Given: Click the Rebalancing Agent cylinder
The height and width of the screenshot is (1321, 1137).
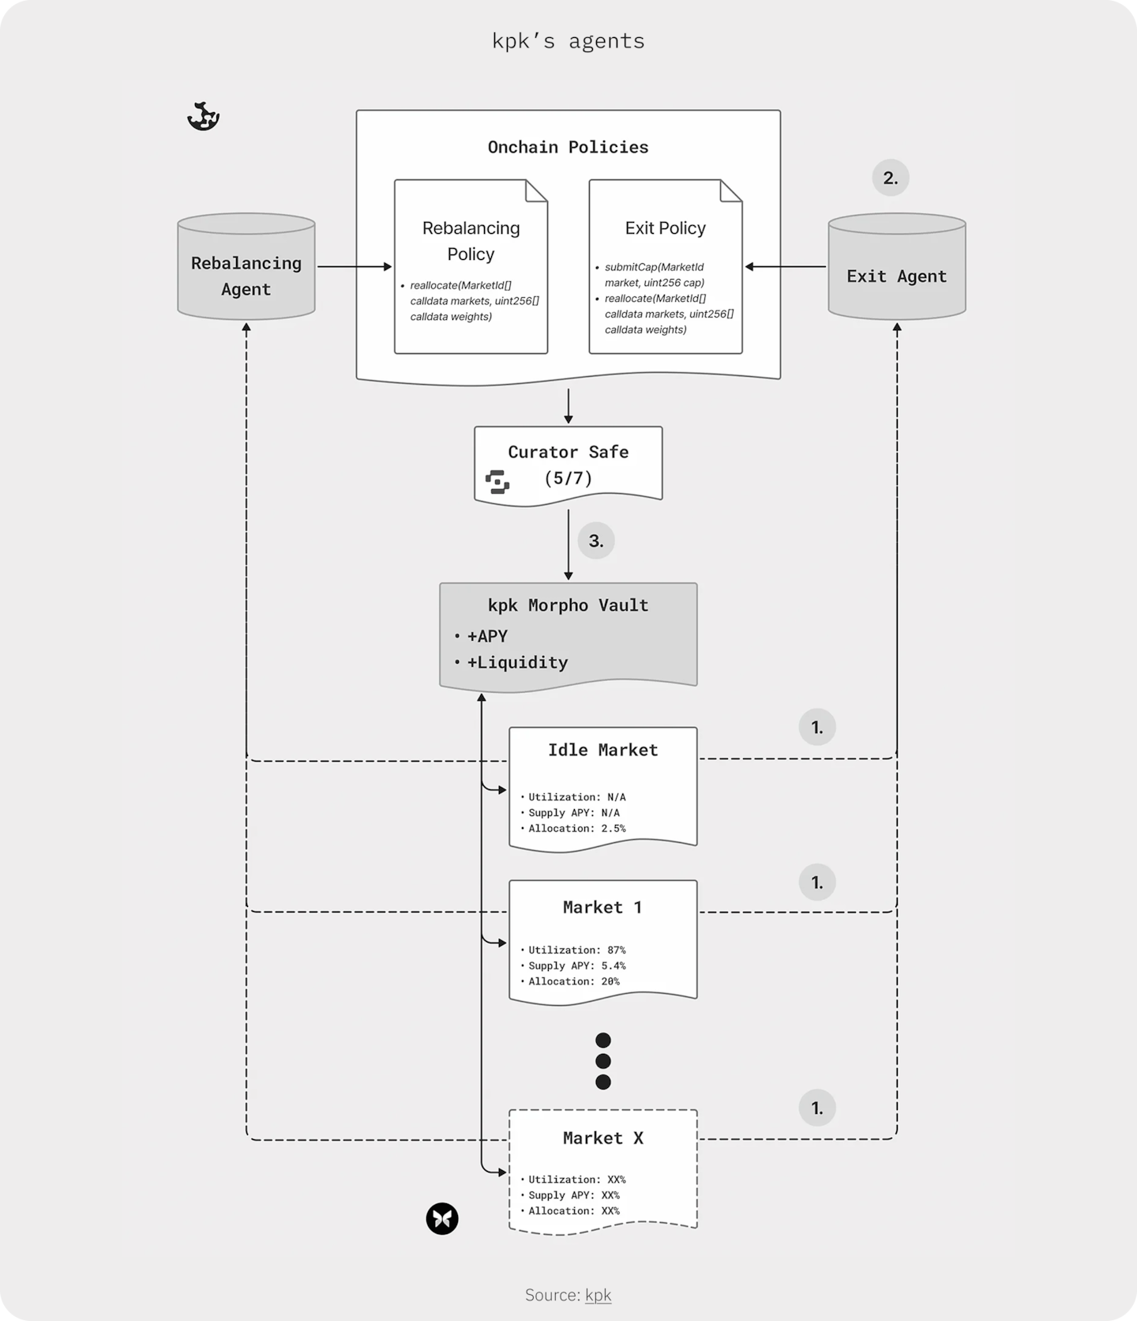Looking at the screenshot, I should click(246, 268).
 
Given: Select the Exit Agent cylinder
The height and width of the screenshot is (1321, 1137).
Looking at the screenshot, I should click(896, 268).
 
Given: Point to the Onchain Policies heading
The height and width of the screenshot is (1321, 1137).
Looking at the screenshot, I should click(568, 147).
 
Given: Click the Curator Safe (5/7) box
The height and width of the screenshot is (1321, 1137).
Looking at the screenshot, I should click(568, 464).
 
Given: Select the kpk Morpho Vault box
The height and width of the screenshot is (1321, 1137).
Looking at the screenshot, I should click(568, 634).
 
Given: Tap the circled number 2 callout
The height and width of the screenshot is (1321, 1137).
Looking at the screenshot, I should click(891, 178).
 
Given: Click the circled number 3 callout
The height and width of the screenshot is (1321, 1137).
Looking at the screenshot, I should click(596, 541).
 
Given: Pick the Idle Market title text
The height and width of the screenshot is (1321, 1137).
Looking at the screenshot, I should click(602, 750).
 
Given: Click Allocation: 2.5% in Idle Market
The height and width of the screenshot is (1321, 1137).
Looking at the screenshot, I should click(576, 829).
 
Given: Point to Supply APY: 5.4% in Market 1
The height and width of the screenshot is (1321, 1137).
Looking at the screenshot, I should click(576, 965).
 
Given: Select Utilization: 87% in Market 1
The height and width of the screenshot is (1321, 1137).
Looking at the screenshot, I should click(576, 950).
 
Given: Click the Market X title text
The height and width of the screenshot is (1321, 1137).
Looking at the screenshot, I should click(602, 1138).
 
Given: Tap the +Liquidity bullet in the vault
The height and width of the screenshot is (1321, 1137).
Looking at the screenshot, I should click(516, 662).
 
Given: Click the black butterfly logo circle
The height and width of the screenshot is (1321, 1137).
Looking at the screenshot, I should click(442, 1219).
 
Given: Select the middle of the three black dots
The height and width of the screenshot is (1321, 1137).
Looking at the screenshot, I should click(602, 1061).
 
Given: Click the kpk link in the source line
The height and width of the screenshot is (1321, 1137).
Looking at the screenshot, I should click(598, 1295).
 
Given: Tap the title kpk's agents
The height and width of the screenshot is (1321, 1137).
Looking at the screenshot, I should click(568, 41).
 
